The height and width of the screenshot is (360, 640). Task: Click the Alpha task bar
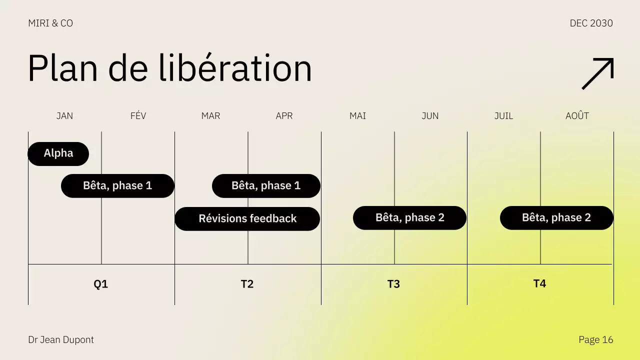point(58,153)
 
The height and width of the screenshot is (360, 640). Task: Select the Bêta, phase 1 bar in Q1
point(117,186)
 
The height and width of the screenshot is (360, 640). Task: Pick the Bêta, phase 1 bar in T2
point(266,186)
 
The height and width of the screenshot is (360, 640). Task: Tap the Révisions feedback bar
point(247,219)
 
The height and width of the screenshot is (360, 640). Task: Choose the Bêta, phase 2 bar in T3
point(409,218)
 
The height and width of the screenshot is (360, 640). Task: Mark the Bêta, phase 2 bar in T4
point(556,218)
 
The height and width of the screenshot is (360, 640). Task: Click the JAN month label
point(64,116)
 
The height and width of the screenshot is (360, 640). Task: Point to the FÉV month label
point(138,116)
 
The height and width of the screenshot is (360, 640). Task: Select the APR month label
point(284,116)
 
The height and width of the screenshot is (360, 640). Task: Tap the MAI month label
point(357,116)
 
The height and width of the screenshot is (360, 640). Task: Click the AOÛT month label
point(577,116)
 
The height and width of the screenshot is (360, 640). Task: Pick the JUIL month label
point(503,116)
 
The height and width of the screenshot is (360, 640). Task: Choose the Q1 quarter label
point(101,284)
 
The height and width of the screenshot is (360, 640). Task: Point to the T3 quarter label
point(393,284)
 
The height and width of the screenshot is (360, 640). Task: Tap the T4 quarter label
point(539,284)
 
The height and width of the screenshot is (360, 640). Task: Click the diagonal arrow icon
point(597,74)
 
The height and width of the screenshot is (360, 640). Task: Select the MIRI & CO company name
point(50,23)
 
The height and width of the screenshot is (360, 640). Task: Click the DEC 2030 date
point(591,23)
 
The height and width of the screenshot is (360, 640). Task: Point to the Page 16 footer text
point(595,340)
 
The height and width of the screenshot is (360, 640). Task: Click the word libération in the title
point(235,68)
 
